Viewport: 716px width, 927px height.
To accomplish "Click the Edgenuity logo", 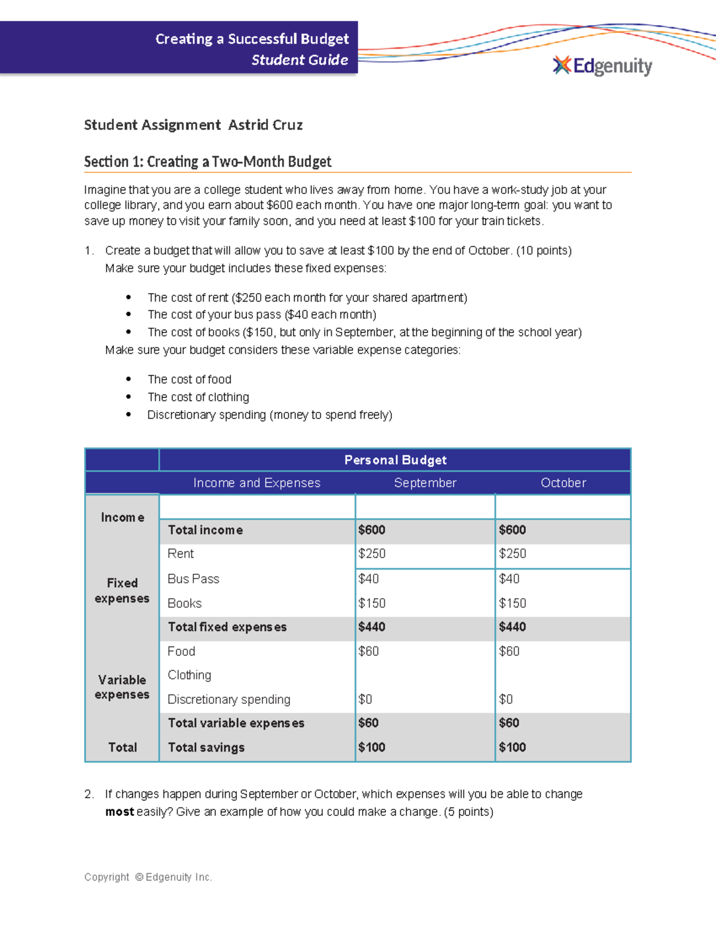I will (x=603, y=66).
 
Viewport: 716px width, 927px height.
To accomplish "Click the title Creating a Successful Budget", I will (x=252, y=39).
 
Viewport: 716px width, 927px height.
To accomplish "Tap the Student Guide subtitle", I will (x=300, y=60).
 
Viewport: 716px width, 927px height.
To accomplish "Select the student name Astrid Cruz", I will (x=266, y=125).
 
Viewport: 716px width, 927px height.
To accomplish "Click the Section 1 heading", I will (x=208, y=162).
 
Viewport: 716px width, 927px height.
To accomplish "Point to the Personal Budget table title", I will (x=395, y=460).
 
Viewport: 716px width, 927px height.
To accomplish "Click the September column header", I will (x=425, y=483).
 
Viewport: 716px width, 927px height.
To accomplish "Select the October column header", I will (x=563, y=483).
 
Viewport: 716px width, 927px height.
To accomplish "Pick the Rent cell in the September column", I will (x=372, y=554).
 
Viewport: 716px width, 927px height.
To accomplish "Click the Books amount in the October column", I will (x=513, y=603).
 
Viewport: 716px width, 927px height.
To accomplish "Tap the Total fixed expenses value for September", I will (x=372, y=627).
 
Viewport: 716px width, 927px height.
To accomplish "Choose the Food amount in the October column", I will (x=509, y=651).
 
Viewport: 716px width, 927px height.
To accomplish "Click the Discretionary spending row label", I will (x=229, y=700).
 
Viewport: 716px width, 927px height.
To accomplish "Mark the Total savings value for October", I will (x=513, y=747).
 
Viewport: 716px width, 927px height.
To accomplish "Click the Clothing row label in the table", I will (x=189, y=675).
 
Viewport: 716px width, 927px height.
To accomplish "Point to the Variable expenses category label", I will (x=122, y=687).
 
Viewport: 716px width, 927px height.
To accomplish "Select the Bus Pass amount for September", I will (x=368, y=579).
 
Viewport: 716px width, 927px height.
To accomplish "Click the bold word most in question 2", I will (x=119, y=812).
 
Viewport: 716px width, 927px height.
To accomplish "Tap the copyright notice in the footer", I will (x=148, y=877).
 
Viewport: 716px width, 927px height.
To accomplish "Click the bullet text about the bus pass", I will (x=262, y=315).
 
